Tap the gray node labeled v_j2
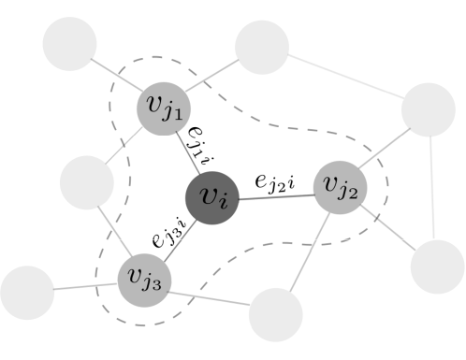tap(339, 186)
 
